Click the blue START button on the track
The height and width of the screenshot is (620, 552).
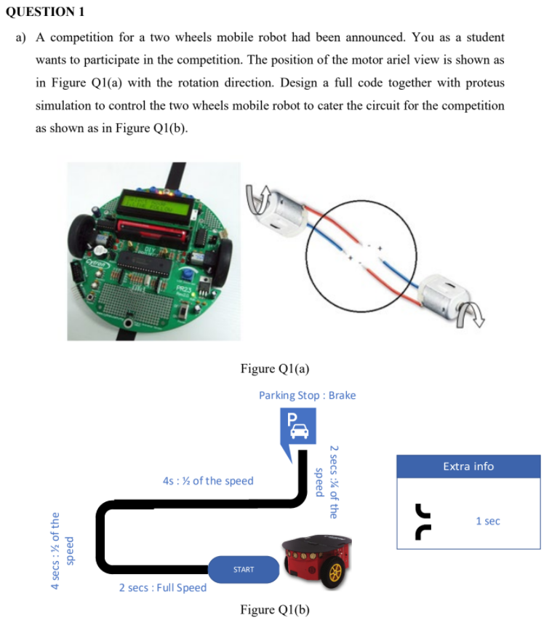click(x=244, y=569)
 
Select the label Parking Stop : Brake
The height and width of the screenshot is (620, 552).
click(x=307, y=395)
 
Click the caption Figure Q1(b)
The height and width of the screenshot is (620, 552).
click(x=275, y=609)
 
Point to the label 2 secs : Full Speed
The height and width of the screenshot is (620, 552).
click(x=163, y=587)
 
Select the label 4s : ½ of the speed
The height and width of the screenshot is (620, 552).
click(x=209, y=480)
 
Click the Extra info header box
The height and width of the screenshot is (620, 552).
click(x=468, y=466)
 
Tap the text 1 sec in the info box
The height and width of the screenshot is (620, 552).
click(x=488, y=521)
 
